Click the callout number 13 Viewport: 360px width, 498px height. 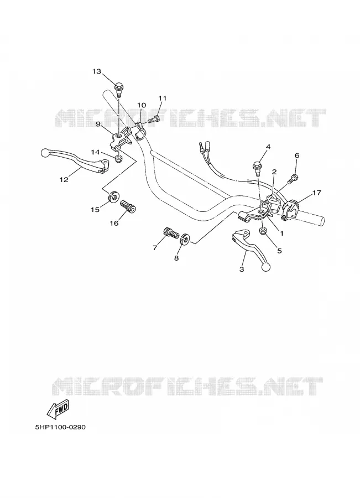(x=97, y=71)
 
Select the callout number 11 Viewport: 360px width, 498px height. (x=162, y=98)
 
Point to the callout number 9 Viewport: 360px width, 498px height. (x=98, y=124)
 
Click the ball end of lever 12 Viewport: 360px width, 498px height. (x=46, y=153)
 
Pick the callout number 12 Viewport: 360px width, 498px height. (x=64, y=180)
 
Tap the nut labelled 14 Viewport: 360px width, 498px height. (x=118, y=158)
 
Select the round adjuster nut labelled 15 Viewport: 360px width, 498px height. (x=113, y=197)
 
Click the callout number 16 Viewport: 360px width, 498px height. (x=114, y=224)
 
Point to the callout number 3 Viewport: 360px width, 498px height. (x=242, y=269)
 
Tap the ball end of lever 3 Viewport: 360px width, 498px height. (x=265, y=267)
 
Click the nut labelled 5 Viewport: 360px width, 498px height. (x=263, y=231)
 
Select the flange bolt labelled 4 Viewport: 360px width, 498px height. (x=257, y=168)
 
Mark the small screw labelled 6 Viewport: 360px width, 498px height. (x=293, y=179)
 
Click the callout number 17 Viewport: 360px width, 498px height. (x=316, y=193)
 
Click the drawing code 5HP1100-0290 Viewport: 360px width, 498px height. (x=60, y=427)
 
